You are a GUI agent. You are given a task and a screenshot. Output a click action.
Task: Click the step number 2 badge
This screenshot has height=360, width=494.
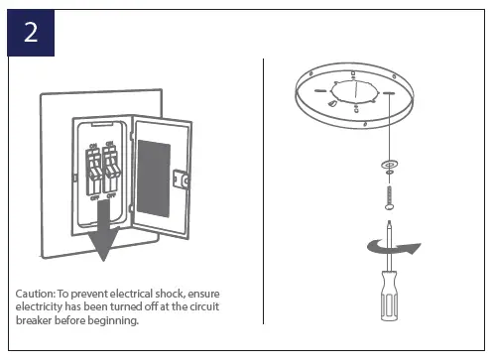[x=30, y=32]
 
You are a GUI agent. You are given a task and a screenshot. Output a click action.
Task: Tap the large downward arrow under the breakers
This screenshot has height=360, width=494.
[x=101, y=239]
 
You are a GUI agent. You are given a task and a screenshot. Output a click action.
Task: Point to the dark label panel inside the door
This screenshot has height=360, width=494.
[x=152, y=174]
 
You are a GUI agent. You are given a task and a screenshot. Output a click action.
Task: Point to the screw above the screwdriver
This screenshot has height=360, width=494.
[x=388, y=189]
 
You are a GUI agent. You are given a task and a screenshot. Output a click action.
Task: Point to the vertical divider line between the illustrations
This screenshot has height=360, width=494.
[x=264, y=188]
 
